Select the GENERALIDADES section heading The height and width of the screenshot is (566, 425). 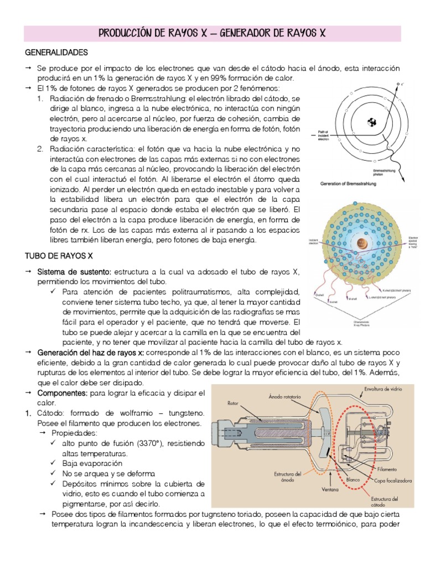pos(57,53)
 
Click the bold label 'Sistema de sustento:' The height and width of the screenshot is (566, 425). pos(74,271)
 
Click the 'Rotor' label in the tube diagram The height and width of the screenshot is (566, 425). pos(232,403)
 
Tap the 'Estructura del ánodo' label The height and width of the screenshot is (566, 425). pos(288,477)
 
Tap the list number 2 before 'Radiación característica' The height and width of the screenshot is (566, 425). pos(40,149)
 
